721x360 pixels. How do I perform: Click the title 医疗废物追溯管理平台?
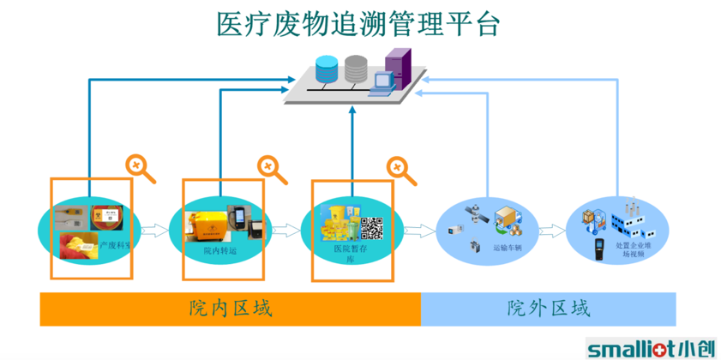coord(358,24)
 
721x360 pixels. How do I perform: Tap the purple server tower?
coord(398,65)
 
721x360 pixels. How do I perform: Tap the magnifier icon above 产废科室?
coord(141,168)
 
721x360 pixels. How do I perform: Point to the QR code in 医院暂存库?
coord(371,227)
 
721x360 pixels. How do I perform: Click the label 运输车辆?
coord(506,248)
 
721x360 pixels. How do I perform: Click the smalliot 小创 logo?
coord(651,348)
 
